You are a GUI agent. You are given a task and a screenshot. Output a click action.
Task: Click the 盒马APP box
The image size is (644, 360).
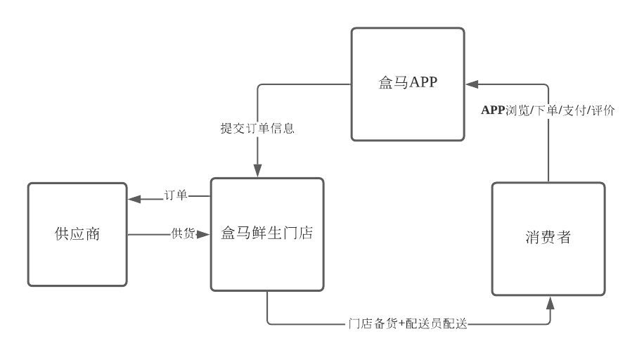pyautogui.click(x=408, y=84)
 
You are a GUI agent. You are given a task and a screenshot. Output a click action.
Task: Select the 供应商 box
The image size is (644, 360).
pyautogui.click(x=77, y=234)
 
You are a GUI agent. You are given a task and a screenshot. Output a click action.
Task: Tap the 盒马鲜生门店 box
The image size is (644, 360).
pyautogui.click(x=267, y=234)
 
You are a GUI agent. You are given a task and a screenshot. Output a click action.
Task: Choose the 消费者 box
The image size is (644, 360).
pyautogui.click(x=548, y=239)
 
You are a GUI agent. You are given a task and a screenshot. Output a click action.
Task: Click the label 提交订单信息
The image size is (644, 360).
pyautogui.click(x=257, y=129)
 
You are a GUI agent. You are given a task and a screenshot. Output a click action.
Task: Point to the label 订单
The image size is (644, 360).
pyautogui.click(x=176, y=195)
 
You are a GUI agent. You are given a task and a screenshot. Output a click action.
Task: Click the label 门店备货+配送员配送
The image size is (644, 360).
pyautogui.click(x=408, y=324)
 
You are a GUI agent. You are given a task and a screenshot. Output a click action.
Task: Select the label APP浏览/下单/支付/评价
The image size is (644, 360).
pyautogui.click(x=549, y=110)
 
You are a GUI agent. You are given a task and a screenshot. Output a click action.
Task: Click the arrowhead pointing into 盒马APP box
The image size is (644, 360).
pyautogui.click(x=470, y=84)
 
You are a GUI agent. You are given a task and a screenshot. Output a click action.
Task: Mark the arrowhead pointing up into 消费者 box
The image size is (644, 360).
pyautogui.click(x=549, y=302)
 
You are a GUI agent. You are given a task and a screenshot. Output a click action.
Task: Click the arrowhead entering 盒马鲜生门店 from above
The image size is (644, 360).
pyautogui.click(x=257, y=172)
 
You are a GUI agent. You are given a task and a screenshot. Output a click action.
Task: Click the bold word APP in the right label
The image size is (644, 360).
pyautogui.click(x=493, y=110)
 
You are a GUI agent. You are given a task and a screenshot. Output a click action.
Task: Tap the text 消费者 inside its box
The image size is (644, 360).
pyautogui.click(x=548, y=238)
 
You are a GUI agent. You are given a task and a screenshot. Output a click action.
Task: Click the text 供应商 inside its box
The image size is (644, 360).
pyautogui.click(x=77, y=234)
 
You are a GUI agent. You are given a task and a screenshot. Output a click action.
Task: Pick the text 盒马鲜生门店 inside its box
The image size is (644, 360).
pyautogui.click(x=267, y=233)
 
